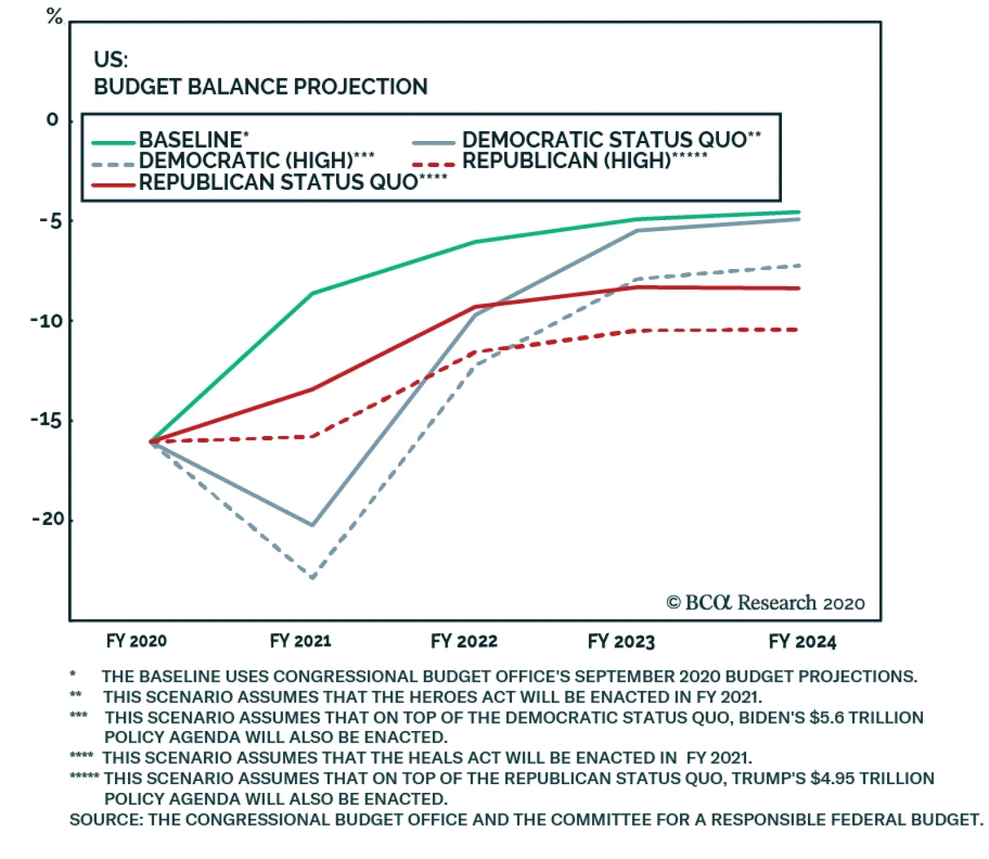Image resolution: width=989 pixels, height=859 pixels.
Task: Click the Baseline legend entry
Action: [192, 140]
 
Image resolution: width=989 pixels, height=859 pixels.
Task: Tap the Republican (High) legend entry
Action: [584, 161]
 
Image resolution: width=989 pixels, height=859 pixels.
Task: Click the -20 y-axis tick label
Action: [48, 519]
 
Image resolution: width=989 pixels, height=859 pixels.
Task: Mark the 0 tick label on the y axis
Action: [53, 119]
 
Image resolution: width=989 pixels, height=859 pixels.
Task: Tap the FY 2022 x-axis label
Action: [464, 641]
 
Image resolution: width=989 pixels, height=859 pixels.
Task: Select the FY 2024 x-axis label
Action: [802, 641]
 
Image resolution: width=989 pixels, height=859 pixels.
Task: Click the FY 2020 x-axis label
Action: [137, 641]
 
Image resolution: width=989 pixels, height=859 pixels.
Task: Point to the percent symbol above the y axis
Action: [54, 16]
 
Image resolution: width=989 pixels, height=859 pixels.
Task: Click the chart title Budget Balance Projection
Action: [260, 87]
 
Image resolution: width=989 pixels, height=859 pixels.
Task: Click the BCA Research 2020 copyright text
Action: [765, 602]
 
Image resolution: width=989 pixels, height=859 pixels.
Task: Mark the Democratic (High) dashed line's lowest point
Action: [313, 578]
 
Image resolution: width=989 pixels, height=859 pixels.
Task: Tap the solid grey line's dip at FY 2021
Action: [313, 525]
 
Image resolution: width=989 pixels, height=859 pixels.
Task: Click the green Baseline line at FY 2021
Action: [313, 293]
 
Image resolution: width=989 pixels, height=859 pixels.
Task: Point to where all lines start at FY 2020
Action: [151, 442]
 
